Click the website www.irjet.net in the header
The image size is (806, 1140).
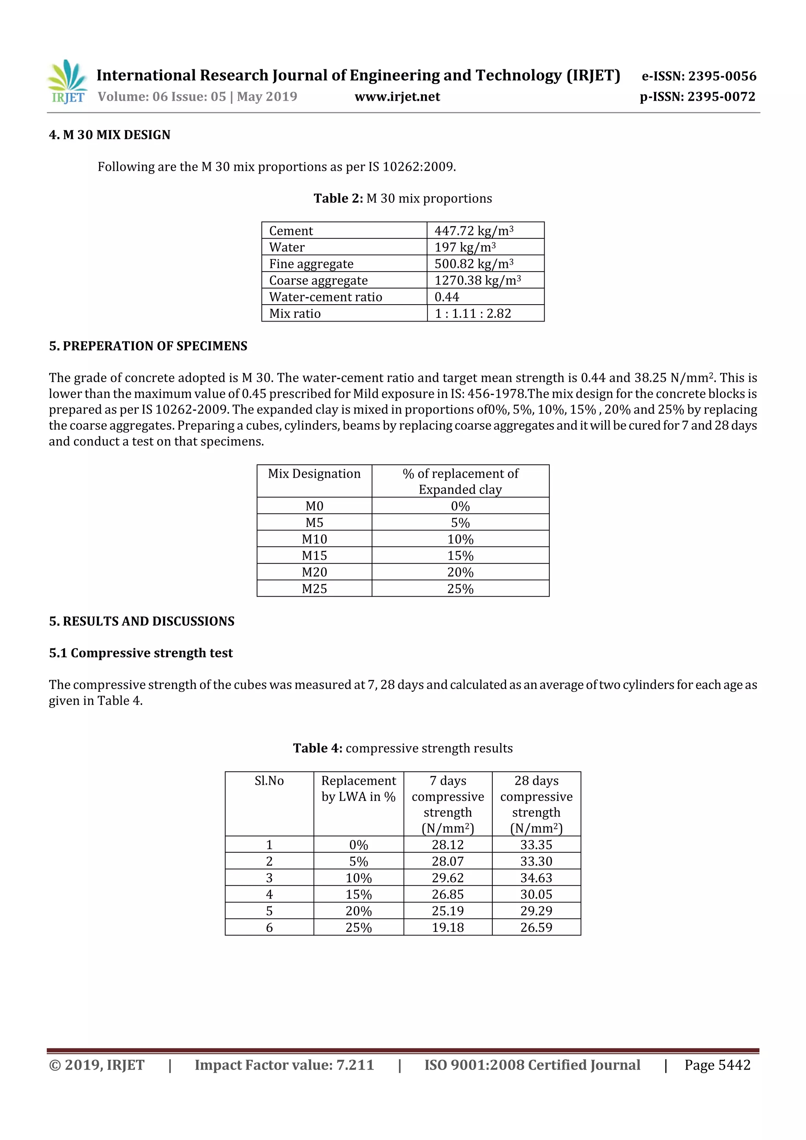click(397, 97)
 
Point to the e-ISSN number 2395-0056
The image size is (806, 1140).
click(721, 76)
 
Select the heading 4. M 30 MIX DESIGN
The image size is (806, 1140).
click(109, 135)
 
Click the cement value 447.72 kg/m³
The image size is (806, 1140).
click(474, 231)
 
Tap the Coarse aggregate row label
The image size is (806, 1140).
click(318, 281)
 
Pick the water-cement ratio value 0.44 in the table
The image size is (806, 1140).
click(447, 297)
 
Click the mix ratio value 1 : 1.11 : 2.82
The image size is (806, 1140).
click(472, 314)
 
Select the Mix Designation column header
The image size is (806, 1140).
click(314, 474)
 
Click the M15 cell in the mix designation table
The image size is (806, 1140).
click(314, 556)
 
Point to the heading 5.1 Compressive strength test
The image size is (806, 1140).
click(140, 653)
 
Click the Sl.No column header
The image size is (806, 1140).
click(269, 781)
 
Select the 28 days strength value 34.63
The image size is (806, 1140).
click(536, 878)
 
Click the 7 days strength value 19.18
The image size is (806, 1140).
click(447, 928)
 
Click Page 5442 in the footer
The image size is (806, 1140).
click(717, 1065)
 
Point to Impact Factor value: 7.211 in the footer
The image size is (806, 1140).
click(284, 1065)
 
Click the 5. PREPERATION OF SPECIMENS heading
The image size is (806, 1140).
click(148, 346)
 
